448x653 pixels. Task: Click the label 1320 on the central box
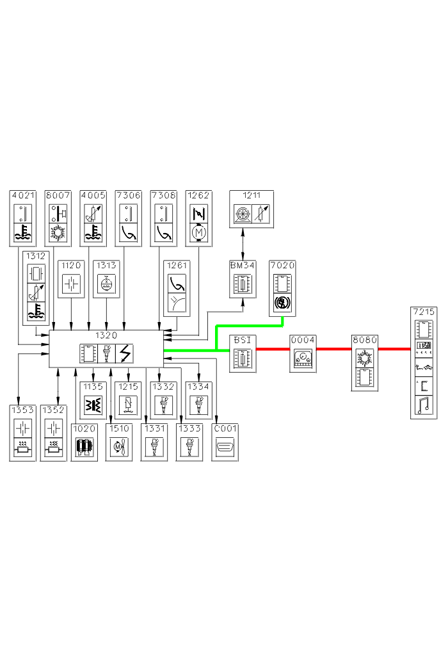tap(106, 335)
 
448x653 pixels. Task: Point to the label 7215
tap(424, 312)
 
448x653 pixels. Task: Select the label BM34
tap(242, 264)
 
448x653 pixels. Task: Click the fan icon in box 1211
tap(242, 213)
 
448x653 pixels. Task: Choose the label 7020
tap(282, 264)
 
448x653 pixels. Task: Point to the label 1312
tap(36, 255)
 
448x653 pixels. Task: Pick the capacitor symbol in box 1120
tap(71, 284)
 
